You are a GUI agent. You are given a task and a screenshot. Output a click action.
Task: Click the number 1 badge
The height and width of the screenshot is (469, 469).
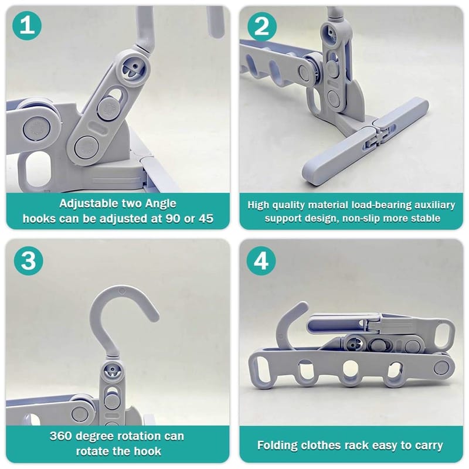tap(27, 26)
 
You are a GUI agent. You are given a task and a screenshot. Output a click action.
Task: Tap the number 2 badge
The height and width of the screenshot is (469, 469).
tap(262, 26)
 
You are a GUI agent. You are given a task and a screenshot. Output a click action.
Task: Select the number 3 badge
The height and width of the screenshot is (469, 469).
tap(28, 261)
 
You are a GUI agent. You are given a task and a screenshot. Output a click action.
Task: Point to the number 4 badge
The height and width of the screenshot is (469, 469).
tap(261, 261)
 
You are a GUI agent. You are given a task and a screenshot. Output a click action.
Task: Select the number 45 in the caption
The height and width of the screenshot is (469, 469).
tap(206, 219)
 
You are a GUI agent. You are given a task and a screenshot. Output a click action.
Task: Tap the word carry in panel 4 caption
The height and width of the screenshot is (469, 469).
tap(429, 446)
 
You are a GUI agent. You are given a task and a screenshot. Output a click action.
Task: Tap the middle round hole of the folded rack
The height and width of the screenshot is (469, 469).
tap(349, 369)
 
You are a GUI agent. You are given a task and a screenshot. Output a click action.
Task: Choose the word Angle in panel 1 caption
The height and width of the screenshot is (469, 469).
tap(161, 204)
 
